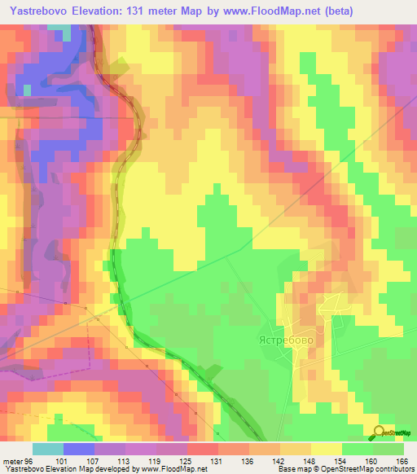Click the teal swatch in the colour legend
48,450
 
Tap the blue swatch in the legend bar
79,450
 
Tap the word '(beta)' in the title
336,11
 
